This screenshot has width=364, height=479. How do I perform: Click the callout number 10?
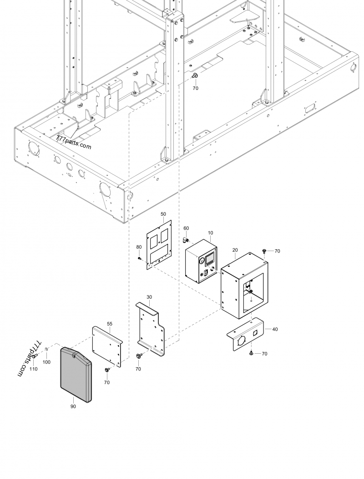pos(210,233)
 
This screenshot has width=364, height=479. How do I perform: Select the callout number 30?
pos(149,296)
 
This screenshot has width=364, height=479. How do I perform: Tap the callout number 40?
pos(274,329)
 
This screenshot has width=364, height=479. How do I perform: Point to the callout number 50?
pos(163,213)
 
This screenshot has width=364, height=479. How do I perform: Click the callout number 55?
pos(110,324)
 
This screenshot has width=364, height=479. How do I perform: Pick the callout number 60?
pos(186,228)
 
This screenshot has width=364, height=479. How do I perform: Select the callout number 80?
pos(139,247)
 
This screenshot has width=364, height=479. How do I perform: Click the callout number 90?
pos(73,406)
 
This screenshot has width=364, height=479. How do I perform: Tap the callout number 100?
pos(46,362)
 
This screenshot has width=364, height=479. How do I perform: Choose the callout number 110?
pos(33,369)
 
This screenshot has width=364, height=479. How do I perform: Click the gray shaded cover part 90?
pos(76,375)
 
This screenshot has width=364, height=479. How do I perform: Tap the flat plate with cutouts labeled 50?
pos(159,245)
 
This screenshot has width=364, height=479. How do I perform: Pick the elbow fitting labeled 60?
pos(187,238)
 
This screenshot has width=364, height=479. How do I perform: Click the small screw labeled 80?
pos(140,258)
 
